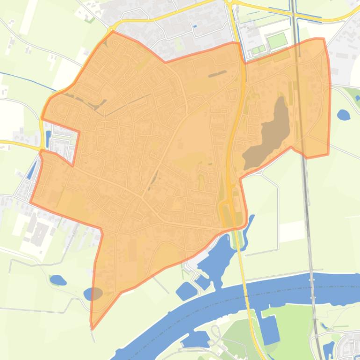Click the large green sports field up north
277,40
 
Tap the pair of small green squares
258,50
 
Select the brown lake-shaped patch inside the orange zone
269,136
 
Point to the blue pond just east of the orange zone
343,115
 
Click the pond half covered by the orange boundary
93,294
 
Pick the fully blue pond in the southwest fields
58,280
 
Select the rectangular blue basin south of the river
270,330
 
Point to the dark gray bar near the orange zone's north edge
217,74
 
